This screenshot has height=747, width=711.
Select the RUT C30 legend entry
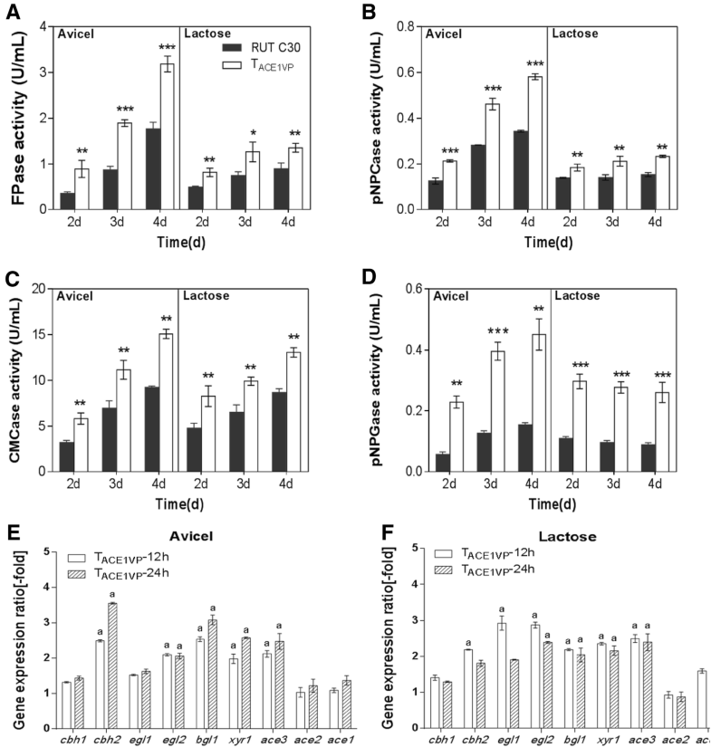259,45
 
